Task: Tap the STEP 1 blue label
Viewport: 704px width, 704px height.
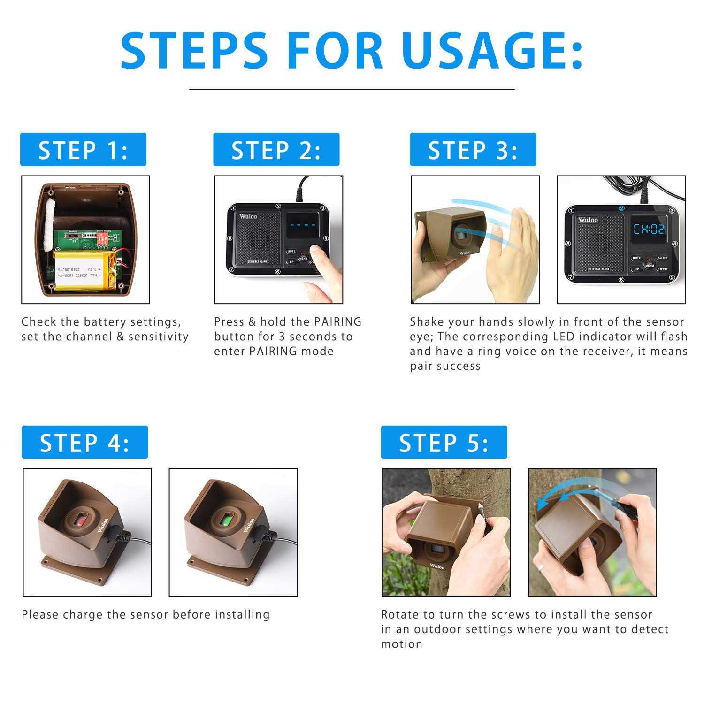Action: click(x=83, y=150)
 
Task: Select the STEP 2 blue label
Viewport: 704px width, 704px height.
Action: click(x=276, y=150)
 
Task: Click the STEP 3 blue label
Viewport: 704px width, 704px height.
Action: click(x=473, y=150)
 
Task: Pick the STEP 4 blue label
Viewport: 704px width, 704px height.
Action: click(x=84, y=443)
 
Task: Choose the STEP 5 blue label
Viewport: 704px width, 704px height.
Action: click(x=444, y=443)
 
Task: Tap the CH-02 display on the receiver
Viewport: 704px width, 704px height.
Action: click(x=649, y=229)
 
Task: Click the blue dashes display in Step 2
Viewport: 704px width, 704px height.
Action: click(x=302, y=225)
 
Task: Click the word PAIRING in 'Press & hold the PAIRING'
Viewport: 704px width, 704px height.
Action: click(x=337, y=322)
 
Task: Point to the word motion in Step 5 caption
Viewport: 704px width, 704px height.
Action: click(x=401, y=644)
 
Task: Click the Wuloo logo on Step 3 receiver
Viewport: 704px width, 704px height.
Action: click(x=588, y=220)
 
